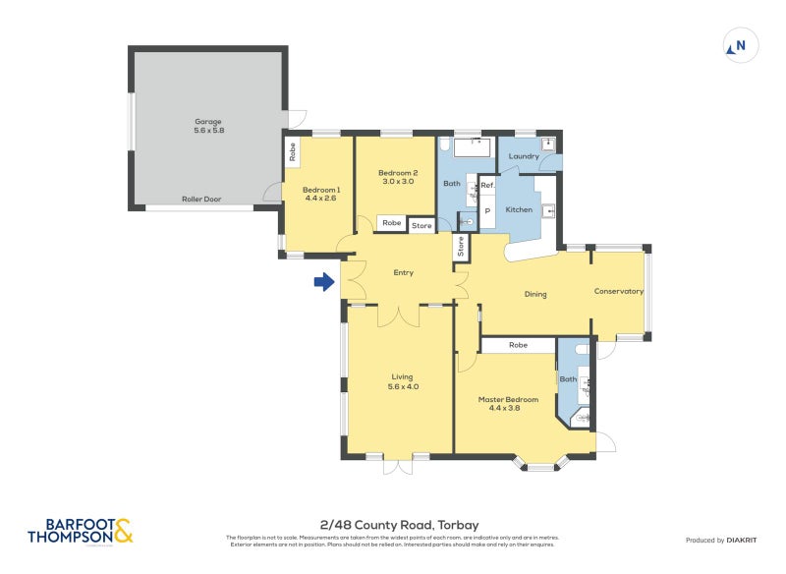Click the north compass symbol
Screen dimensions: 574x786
[741, 45]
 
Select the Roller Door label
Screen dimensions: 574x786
[201, 199]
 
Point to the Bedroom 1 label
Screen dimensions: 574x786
[321, 194]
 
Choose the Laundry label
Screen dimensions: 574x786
[524, 156]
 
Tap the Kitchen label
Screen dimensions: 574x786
[519, 209]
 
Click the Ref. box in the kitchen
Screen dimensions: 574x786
[487, 186]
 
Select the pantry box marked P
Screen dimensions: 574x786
[487, 210]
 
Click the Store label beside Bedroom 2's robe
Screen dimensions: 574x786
[421, 226]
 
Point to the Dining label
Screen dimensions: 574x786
[535, 294]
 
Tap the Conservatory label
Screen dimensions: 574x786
[619, 291]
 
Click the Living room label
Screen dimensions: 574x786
[402, 381]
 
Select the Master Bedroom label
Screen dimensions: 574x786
[508, 403]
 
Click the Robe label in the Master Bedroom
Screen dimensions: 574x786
[518, 345]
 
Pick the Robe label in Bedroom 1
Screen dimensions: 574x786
[293, 151]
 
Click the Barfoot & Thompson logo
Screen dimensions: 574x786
[80, 532]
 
